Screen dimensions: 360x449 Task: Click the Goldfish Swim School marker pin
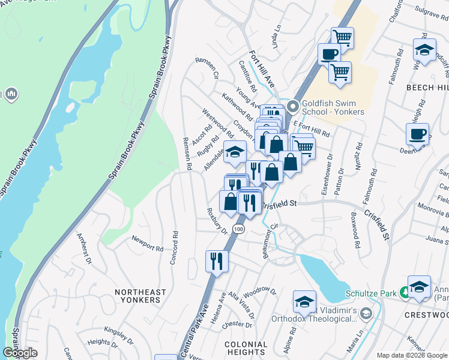click(294, 107)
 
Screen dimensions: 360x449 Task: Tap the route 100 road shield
click(239, 229)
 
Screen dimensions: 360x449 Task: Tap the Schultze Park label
click(372, 293)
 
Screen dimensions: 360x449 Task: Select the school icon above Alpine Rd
click(304, 302)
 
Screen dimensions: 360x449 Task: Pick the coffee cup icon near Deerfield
click(417, 134)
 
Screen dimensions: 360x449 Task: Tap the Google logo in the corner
click(20, 353)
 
